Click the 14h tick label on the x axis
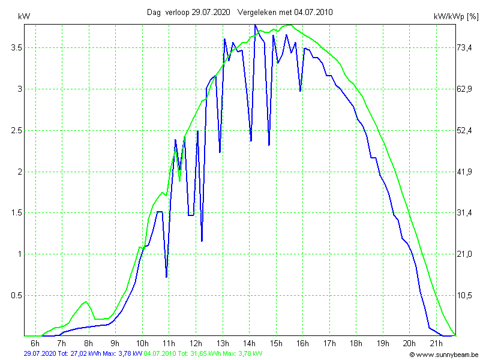(x=250, y=343)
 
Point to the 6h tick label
(x=35, y=343)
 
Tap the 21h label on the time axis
(x=436, y=343)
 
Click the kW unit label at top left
(x=25, y=16)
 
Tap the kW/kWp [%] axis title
(x=456, y=17)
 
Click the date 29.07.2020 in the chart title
(x=211, y=12)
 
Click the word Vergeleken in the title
(x=257, y=12)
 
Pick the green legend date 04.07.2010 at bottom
(x=160, y=354)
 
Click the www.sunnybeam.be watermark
(x=444, y=355)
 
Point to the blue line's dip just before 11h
(x=166, y=277)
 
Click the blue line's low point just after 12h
(x=202, y=241)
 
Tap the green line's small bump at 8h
(x=86, y=301)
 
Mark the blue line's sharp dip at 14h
(x=251, y=141)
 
